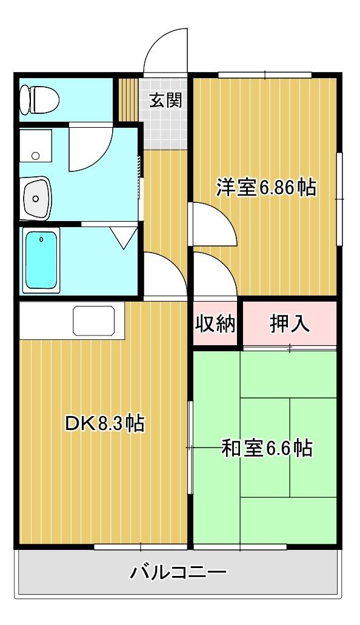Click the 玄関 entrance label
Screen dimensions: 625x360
[x=165, y=100]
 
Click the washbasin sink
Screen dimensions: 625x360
[x=36, y=198]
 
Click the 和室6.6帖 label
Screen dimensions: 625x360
[x=267, y=448]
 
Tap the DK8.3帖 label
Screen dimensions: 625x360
[x=104, y=423]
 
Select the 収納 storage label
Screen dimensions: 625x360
[x=215, y=325]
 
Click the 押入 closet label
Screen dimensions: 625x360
[x=290, y=324]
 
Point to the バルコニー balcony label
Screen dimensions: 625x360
[x=179, y=572]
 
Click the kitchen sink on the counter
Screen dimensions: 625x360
[x=94, y=320]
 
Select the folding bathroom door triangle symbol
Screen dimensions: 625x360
[x=125, y=237]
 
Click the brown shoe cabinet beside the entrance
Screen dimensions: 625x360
[x=128, y=99]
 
